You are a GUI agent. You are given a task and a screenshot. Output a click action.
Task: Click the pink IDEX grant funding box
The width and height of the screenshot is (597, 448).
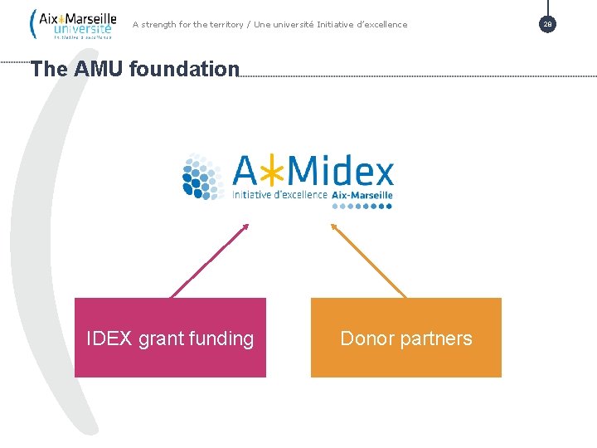click(x=170, y=337)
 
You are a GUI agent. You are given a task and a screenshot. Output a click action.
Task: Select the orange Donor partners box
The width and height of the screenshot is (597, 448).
click(x=406, y=337)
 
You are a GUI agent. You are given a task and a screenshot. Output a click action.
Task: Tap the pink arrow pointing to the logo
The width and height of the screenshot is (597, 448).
click(x=210, y=260)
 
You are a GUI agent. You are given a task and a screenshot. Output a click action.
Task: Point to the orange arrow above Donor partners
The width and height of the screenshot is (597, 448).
click(x=369, y=260)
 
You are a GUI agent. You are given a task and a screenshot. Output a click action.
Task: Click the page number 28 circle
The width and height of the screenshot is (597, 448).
click(x=547, y=24)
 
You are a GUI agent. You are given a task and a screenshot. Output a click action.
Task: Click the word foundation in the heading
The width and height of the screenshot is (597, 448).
click(x=184, y=69)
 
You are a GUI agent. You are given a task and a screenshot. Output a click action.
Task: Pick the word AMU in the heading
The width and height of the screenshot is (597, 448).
click(x=100, y=69)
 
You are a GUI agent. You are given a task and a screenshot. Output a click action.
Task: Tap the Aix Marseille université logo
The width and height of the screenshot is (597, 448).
click(x=73, y=24)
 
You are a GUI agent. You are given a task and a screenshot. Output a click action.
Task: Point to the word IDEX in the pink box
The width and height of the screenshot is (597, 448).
click(x=109, y=338)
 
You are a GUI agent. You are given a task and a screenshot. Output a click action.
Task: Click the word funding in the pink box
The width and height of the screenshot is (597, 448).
click(x=222, y=338)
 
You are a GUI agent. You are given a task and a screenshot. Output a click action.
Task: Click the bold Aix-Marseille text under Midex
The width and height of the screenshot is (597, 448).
click(x=362, y=195)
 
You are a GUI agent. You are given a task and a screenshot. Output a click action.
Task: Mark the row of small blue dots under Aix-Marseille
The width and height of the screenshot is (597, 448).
click(x=362, y=206)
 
